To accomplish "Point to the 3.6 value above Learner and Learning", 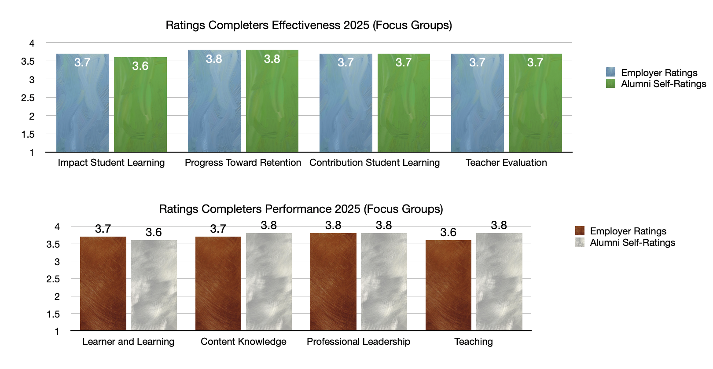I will coord(154,232).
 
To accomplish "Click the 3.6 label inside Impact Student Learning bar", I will coord(140,66).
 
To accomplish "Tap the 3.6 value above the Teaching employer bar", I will coord(448,232).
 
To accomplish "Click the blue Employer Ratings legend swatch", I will coord(610,72).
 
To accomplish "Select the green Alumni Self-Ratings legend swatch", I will coord(610,84).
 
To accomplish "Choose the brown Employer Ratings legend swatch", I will coord(580,231).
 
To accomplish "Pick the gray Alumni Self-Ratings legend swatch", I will coord(580,242).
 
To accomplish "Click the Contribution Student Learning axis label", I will coord(375,163).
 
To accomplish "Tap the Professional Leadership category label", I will coord(358,342).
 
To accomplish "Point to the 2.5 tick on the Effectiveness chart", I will coord(28,98).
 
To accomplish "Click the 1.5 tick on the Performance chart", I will coord(53,314).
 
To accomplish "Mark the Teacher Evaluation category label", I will coord(506,163).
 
